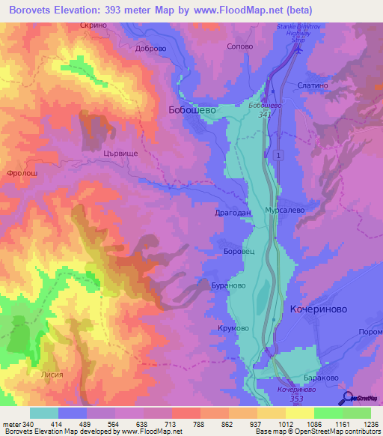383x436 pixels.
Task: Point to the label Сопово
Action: (x=239, y=46)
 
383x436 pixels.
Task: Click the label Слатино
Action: (x=313, y=86)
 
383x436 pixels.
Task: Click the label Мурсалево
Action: (x=284, y=211)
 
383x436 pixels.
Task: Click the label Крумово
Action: (x=233, y=329)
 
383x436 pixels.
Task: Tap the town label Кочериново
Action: (x=319, y=308)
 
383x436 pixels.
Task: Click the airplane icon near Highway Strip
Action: (x=298, y=51)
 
